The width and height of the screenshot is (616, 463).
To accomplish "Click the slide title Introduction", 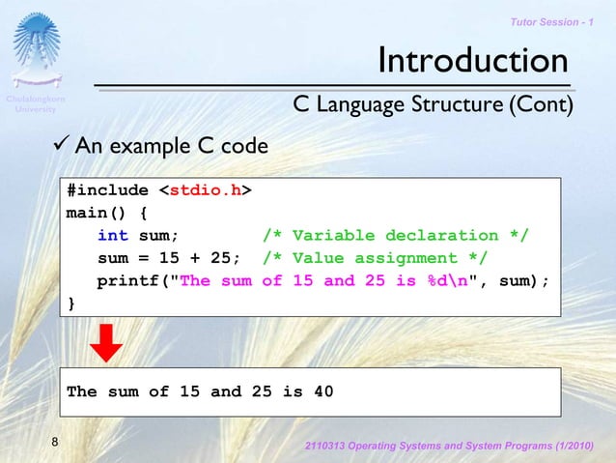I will tap(472, 61).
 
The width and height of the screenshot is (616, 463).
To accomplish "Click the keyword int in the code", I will tap(112, 236).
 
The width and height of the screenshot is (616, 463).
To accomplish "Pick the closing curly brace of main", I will tap(70, 304).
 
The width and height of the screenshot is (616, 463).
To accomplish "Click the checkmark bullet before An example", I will tap(60, 146).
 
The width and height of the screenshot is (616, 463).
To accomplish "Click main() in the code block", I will tap(96, 213).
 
